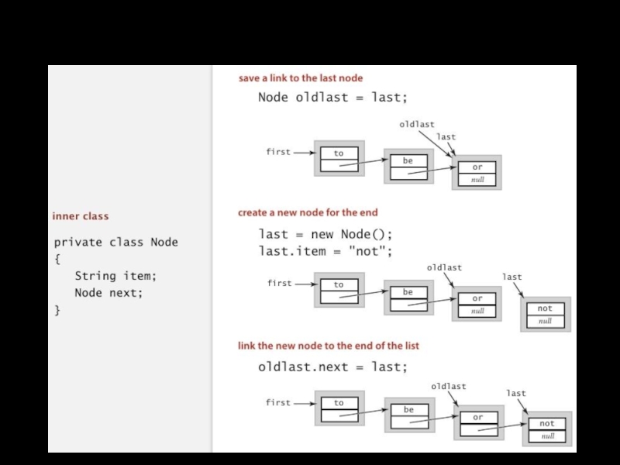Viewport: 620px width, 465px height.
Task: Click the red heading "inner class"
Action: coord(81,216)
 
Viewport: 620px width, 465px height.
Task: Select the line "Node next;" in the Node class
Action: coord(108,293)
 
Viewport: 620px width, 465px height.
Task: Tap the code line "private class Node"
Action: coord(115,242)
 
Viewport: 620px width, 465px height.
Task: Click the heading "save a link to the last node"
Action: coord(300,78)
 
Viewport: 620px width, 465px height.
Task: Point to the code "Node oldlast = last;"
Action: coord(332,98)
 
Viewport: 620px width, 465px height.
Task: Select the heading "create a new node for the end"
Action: coord(308,212)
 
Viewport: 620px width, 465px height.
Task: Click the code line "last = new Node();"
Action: coord(325,234)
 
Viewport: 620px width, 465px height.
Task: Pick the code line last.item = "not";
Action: coord(325,251)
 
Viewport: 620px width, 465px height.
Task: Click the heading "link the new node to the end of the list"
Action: coord(328,346)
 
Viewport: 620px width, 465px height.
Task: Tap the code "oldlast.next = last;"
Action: coord(332,367)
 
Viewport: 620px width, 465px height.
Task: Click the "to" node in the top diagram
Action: coord(339,159)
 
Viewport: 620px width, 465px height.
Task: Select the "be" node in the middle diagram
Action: coord(408,298)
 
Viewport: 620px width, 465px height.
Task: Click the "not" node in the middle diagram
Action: coord(545,314)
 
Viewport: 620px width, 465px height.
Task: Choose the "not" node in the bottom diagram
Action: coord(547,429)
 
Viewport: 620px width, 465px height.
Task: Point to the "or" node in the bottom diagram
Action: coord(477,423)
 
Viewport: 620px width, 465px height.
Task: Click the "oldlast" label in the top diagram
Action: coord(417,124)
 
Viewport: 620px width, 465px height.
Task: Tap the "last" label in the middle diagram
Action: coord(512,277)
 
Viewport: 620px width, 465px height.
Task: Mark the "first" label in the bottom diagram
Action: coord(278,403)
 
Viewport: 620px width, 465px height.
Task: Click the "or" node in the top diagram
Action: coord(477,173)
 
